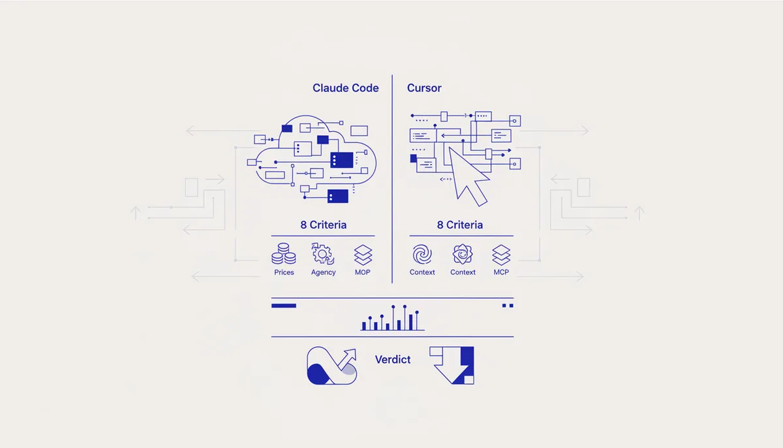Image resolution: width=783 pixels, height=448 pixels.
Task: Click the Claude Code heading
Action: tap(345, 88)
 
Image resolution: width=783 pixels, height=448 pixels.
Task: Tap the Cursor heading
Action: tap(424, 88)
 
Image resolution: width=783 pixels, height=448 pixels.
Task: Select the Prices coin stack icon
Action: tap(283, 253)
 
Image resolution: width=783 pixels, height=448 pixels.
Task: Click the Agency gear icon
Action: tap(322, 253)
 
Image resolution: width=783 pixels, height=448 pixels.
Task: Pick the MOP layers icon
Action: tap(363, 255)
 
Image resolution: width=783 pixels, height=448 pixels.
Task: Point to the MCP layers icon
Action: tap(501, 255)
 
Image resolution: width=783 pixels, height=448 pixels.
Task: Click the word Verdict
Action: tap(393, 360)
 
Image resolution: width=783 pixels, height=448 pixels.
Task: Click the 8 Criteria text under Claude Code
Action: tap(324, 225)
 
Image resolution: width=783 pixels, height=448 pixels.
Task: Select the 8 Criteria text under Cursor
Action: tap(459, 225)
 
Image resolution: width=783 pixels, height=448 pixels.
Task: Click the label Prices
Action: tap(284, 272)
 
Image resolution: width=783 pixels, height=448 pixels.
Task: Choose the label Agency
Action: tap(324, 272)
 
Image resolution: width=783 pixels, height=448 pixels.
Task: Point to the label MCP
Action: tap(501, 272)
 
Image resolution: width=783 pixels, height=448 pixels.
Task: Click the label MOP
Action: tap(363, 272)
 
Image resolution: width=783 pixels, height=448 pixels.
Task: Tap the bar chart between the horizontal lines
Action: tap(393, 318)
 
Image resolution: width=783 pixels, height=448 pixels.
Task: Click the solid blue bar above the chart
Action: tap(283, 306)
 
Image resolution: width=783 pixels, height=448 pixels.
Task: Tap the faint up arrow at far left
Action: tap(136, 214)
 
